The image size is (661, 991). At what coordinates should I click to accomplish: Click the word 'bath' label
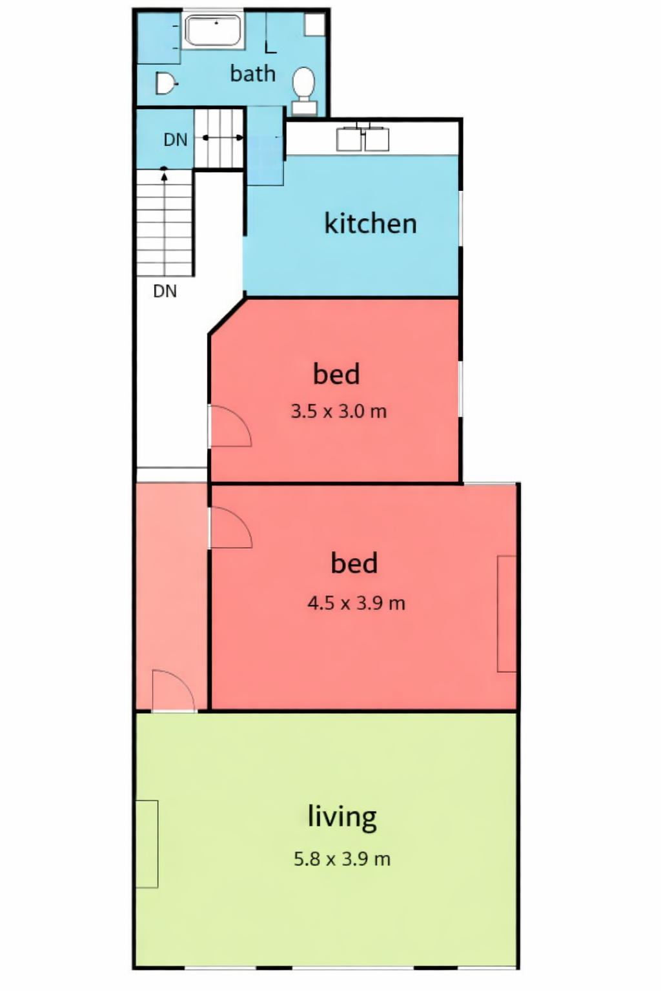253,74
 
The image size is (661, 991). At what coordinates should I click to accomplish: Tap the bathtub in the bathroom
214,30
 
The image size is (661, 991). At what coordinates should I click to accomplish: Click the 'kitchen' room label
371,223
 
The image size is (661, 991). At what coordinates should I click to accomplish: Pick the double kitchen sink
363,139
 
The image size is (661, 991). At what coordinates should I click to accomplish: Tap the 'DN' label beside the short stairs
176,140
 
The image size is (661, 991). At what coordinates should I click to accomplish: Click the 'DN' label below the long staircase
165,291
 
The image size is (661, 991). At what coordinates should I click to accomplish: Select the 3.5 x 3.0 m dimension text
339,412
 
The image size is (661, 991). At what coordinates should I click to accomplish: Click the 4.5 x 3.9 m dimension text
356,603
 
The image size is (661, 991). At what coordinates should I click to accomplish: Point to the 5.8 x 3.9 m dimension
342,859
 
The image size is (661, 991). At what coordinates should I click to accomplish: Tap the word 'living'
342,817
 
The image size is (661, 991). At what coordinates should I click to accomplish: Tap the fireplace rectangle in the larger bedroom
507,614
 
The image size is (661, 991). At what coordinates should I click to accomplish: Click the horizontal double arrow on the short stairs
223,138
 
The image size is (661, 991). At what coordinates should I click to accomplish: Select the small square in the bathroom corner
314,25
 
